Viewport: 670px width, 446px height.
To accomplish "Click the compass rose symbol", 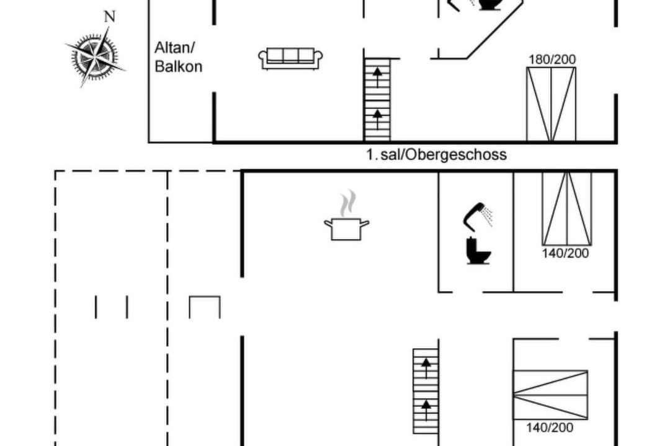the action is [x=96, y=57].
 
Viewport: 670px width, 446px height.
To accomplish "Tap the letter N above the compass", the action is [x=110, y=17].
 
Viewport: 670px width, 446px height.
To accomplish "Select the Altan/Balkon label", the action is [x=178, y=57].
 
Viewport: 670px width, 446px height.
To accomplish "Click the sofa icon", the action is [x=290, y=58].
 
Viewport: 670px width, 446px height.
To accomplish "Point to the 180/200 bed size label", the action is [x=552, y=59].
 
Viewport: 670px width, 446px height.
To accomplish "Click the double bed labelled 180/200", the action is [x=552, y=104].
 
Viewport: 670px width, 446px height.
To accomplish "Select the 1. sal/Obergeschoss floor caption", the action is [x=436, y=154].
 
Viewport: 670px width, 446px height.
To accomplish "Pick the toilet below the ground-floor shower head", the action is [x=478, y=250].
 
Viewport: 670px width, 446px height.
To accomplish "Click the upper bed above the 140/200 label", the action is [x=567, y=209].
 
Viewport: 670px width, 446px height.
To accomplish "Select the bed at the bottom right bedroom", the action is [x=550, y=395].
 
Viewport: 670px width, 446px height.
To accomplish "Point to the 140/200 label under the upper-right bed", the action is [x=565, y=253].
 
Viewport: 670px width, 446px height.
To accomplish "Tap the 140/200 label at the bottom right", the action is [x=550, y=427].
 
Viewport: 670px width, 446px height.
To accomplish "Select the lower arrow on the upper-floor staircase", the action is [x=377, y=118].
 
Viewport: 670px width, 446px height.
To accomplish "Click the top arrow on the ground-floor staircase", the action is [x=426, y=368].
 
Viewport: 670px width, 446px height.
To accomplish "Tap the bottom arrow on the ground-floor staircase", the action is [x=426, y=409].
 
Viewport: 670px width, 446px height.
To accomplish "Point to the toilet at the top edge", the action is [x=489, y=4].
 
